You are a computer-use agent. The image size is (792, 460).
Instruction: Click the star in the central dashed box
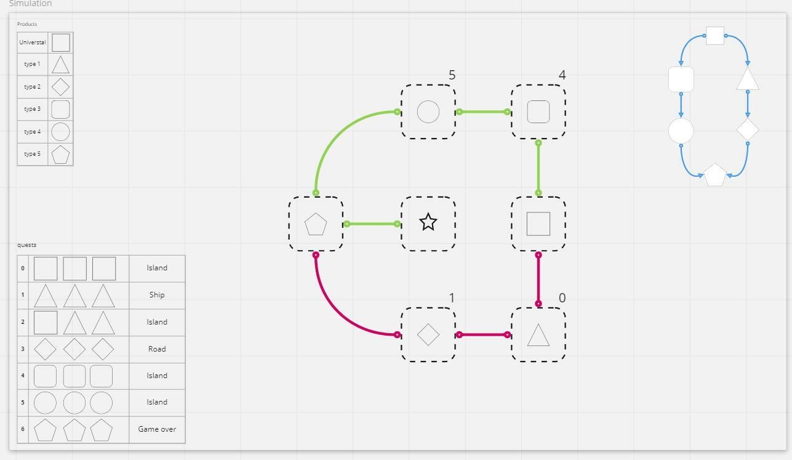tap(428, 222)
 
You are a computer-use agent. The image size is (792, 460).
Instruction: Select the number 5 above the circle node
tap(452, 75)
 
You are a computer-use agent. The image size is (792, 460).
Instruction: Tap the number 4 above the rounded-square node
tap(562, 75)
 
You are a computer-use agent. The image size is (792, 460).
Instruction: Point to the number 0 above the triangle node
tap(562, 298)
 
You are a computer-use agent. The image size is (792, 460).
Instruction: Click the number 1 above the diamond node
tap(452, 298)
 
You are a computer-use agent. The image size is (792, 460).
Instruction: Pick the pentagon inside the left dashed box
tap(316, 224)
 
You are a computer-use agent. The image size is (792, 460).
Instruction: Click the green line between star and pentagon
tap(372, 224)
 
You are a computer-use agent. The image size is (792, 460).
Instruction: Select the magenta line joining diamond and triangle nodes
tap(483, 335)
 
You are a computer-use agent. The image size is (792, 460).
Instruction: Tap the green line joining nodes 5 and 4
tap(483, 112)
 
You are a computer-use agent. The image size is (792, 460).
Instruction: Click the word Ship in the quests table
tap(157, 295)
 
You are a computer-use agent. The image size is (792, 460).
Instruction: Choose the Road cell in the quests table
tap(157, 349)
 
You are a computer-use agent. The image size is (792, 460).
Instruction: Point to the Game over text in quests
tap(157, 429)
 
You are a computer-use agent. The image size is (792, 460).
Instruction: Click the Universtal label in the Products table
tap(33, 42)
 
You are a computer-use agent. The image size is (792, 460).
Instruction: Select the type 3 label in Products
tap(32, 109)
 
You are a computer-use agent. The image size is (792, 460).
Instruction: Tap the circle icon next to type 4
tap(60, 132)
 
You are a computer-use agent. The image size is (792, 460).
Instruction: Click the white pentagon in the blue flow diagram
tap(715, 174)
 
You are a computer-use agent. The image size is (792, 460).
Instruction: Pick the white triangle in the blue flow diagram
tap(748, 79)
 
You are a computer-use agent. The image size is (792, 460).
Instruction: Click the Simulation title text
tap(30, 4)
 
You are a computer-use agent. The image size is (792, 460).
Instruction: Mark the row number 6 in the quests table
tap(23, 429)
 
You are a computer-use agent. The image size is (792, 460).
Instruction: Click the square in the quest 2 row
tap(46, 322)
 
